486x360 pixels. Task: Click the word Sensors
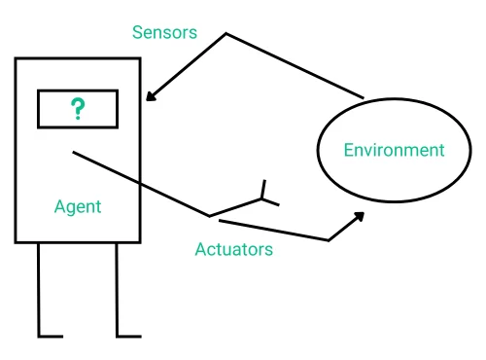(164, 33)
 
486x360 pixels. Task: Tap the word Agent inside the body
(78, 207)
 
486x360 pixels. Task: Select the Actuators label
(233, 249)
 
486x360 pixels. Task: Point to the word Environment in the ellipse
(394, 150)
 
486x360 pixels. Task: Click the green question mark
(78, 108)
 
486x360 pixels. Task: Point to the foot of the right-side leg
(129, 336)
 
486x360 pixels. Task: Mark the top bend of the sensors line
(226, 35)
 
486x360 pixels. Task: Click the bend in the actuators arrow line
(329, 239)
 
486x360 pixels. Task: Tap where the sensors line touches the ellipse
(364, 98)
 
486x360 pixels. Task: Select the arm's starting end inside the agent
(73, 152)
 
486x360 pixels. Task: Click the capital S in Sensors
(138, 33)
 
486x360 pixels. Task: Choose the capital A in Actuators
(200, 249)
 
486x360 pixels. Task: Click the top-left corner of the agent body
(17, 59)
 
